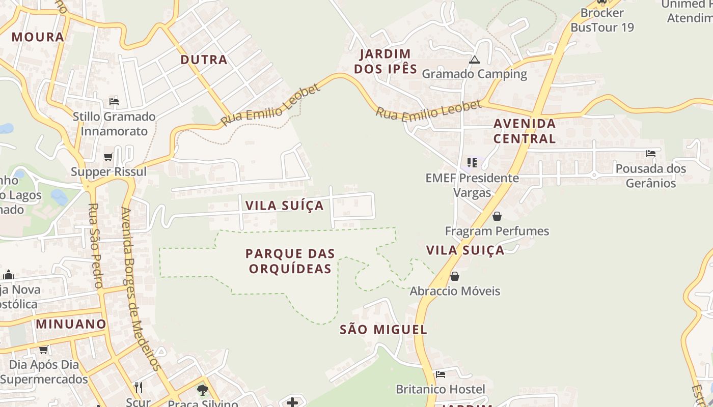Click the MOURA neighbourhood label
coord(38,37)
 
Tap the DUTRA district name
coord(204,60)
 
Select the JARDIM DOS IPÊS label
coord(386,61)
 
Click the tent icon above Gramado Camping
coord(475,60)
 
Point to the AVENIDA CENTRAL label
coord(525,131)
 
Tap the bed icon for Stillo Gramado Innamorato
coord(114,102)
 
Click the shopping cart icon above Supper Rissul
coord(108,157)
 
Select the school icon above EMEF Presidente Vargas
coord(472,163)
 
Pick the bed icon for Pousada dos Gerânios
coord(650,153)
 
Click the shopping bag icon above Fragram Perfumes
coord(497,216)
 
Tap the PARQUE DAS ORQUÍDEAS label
coord(290,260)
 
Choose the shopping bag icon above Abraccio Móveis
coord(454,276)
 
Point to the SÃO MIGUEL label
coord(383,329)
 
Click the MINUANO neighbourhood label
coord(71,324)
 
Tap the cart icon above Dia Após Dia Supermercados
coord(44,350)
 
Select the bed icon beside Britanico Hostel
coord(441,374)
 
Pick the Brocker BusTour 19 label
coord(602,20)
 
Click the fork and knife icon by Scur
coord(138,388)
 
